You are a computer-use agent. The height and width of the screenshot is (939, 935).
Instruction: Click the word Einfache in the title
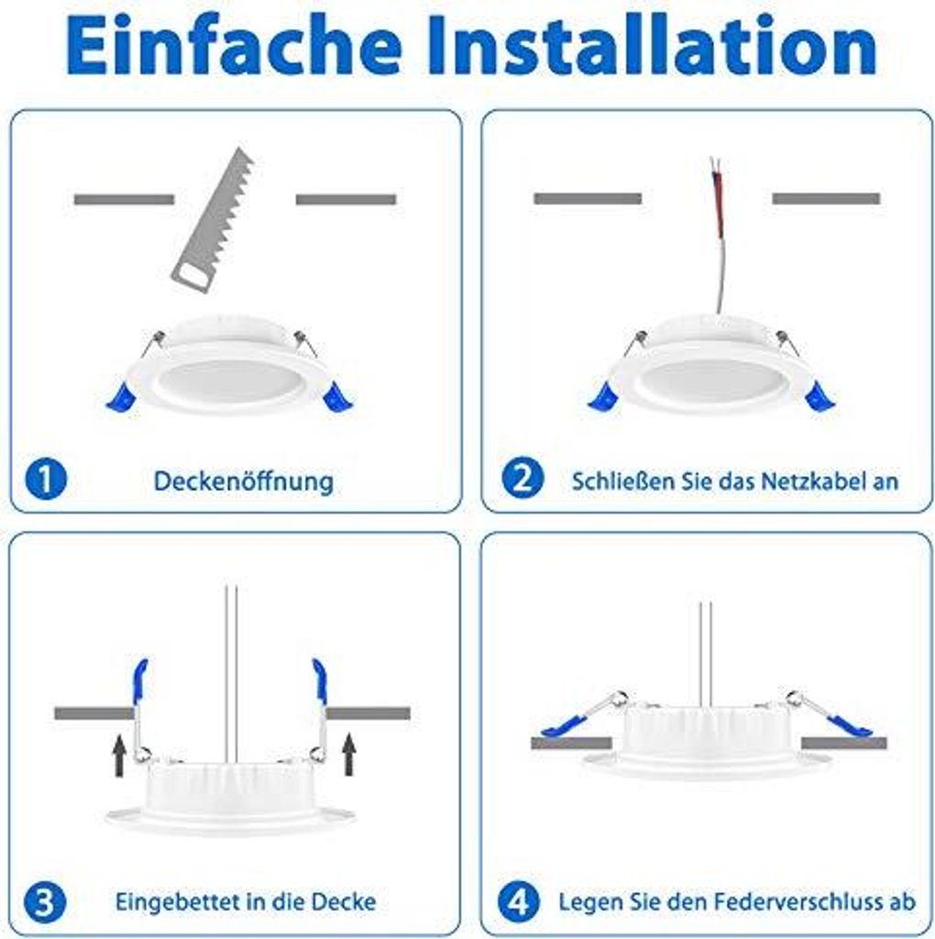(x=234, y=46)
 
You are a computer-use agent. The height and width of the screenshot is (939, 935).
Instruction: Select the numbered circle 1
(x=46, y=479)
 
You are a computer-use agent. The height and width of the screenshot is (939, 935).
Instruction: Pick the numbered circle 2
(x=522, y=478)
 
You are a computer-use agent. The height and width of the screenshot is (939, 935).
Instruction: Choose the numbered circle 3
(x=45, y=902)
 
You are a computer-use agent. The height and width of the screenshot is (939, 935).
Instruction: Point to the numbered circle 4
(x=519, y=902)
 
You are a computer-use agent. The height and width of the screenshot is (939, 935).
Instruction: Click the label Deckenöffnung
(x=244, y=481)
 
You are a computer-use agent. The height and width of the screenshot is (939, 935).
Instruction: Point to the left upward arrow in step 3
(x=120, y=756)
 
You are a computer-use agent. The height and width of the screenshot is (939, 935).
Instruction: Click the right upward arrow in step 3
(x=349, y=756)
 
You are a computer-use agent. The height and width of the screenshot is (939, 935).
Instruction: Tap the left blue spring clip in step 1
(x=122, y=397)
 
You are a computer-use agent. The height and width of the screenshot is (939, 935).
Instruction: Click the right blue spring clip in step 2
(x=820, y=396)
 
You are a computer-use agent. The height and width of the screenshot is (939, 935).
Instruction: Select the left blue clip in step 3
(x=140, y=681)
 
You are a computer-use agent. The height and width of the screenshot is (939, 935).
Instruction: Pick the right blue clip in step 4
(x=849, y=725)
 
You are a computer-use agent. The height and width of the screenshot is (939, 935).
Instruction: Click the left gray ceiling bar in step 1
(x=124, y=199)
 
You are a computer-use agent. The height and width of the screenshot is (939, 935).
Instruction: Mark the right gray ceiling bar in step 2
(x=826, y=198)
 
